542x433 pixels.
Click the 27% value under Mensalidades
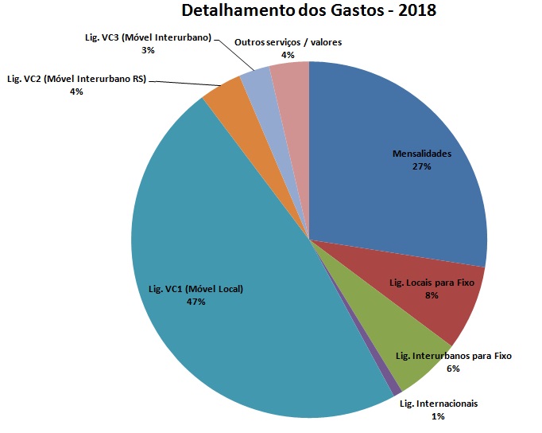[421, 166]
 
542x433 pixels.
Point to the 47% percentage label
[196, 302]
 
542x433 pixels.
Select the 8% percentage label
[432, 295]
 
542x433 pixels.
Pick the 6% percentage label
[454, 369]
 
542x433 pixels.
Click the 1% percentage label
[438, 416]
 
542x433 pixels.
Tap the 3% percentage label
[148, 49]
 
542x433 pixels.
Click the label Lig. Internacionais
[439, 404]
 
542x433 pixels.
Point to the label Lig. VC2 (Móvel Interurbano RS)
[76, 79]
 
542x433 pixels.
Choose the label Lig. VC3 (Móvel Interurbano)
[148, 37]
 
